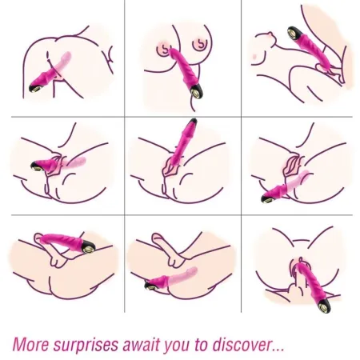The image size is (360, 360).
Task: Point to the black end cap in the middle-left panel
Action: click(38, 166)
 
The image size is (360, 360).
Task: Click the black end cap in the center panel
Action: click(193, 126)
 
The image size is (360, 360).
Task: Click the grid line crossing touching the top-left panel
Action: click(124, 118)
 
